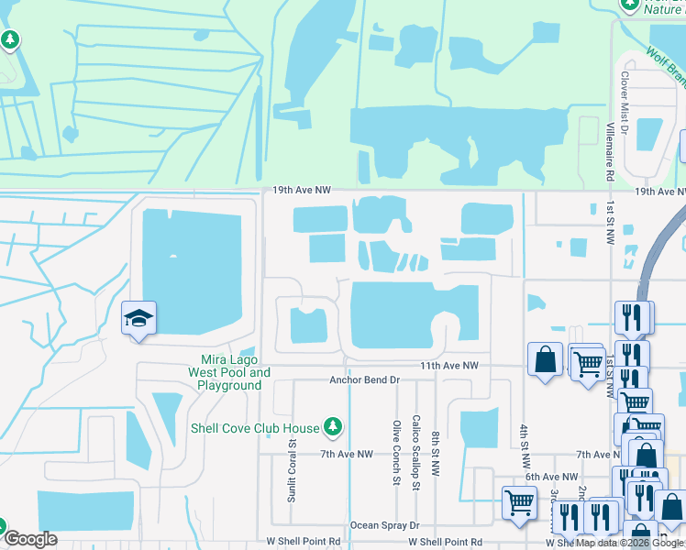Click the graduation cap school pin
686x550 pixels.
(138, 318)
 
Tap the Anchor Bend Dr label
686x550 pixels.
(365, 379)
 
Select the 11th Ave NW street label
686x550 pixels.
(449, 365)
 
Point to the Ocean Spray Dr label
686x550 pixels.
(384, 526)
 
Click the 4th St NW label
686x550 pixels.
(525, 443)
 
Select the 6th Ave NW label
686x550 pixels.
(551, 477)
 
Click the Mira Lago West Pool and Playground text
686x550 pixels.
(229, 372)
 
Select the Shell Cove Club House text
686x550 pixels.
(255, 428)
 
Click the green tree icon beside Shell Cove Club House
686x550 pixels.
(333, 427)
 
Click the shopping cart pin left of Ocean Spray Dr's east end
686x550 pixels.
(519, 501)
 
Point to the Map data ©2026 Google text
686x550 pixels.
(629, 544)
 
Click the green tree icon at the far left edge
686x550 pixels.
(10, 40)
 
